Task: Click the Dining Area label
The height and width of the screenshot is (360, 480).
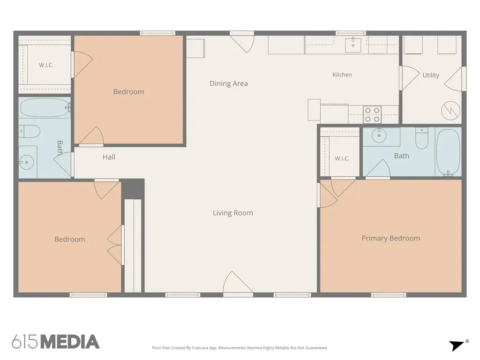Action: click(229, 83)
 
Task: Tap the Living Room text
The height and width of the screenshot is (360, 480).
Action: click(233, 213)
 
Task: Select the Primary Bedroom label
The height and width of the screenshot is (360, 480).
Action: click(390, 239)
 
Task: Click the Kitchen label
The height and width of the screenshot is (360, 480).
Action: click(342, 75)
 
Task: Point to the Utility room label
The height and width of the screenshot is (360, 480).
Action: click(431, 75)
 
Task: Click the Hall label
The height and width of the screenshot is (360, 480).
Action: click(109, 157)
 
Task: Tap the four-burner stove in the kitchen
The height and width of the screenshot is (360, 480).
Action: click(372, 114)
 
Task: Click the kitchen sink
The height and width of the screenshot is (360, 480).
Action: click(353, 45)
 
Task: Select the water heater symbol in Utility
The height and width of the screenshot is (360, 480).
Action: click(450, 111)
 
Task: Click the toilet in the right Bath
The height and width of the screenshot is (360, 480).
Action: click(421, 138)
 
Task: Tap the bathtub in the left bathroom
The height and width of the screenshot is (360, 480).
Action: click(45, 107)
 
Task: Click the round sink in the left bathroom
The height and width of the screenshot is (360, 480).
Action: click(27, 162)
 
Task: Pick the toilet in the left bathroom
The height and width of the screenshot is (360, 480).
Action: click(30, 131)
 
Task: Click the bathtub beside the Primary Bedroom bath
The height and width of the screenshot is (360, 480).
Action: click(448, 152)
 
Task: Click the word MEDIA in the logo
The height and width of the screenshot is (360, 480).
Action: click(70, 342)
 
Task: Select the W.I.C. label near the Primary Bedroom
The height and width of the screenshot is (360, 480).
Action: click(342, 158)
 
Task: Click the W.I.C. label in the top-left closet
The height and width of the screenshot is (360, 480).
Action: click(46, 65)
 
